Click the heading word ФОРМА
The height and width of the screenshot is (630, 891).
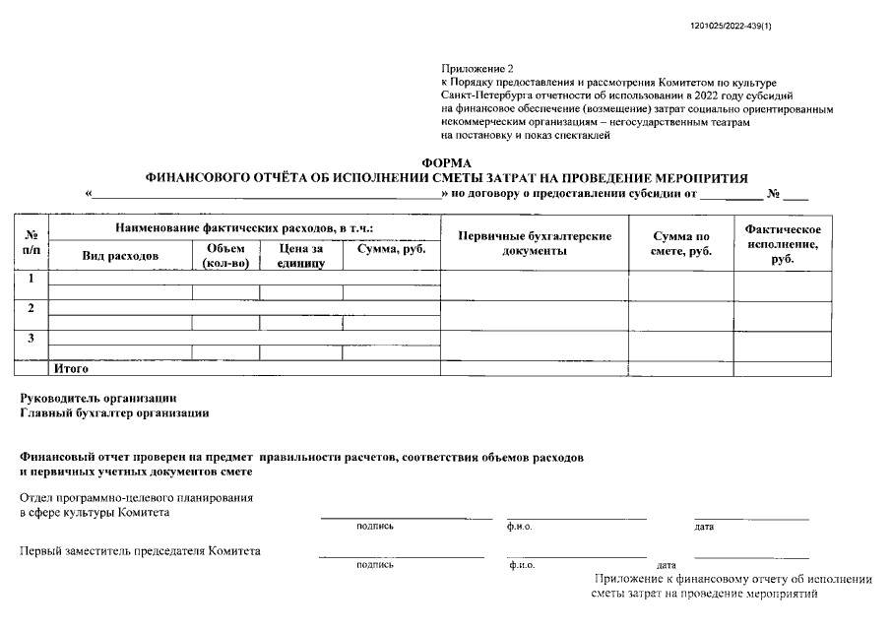click(x=446, y=162)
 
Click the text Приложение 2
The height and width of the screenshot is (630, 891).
click(x=477, y=68)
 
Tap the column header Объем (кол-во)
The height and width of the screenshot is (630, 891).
click(x=225, y=255)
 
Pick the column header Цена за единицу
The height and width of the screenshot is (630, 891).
click(x=300, y=255)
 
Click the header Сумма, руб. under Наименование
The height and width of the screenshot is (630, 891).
click(x=391, y=250)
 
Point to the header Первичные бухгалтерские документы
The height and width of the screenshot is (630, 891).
click(x=534, y=243)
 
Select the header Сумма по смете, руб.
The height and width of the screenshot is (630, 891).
click(x=680, y=243)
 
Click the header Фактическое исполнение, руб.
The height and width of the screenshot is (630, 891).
click(x=783, y=243)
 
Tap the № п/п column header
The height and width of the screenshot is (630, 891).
click(x=32, y=243)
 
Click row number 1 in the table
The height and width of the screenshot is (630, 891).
click(x=32, y=279)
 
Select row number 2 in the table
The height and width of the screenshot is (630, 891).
click(x=32, y=308)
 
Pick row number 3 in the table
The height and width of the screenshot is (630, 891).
click(x=32, y=339)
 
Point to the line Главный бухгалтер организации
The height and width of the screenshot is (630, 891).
click(x=114, y=413)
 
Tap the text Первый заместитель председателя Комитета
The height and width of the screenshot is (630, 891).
click(x=140, y=551)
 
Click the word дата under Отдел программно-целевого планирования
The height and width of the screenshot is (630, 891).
click(x=704, y=527)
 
